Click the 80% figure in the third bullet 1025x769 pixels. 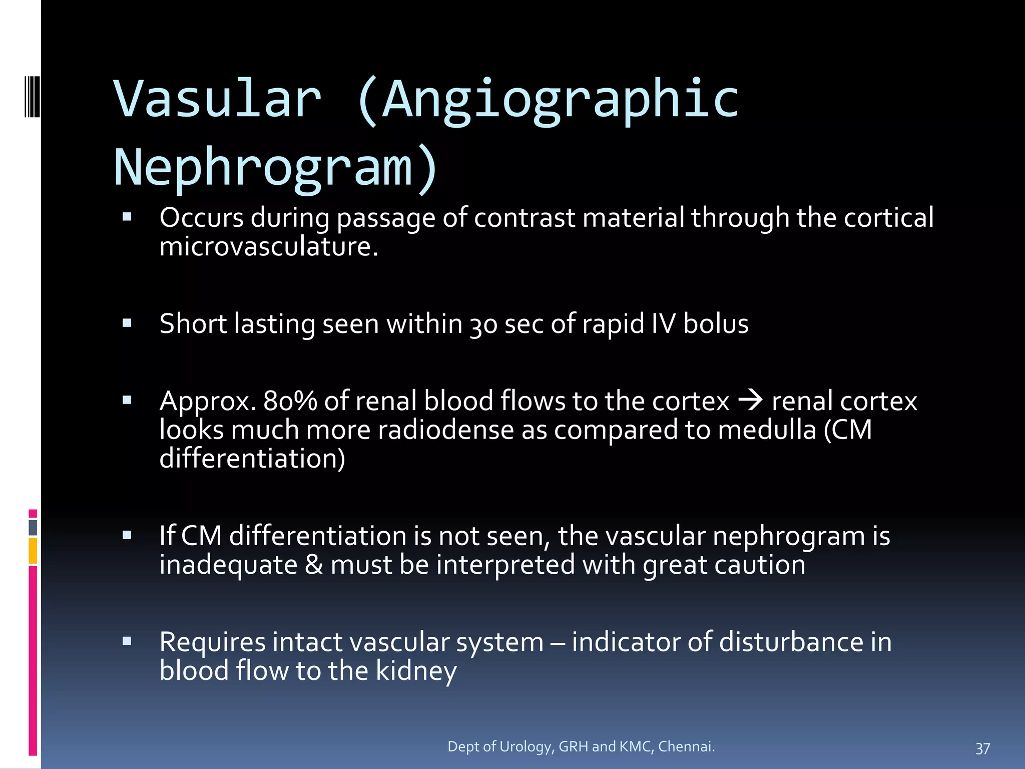[x=290, y=401]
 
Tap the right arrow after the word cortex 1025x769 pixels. [x=750, y=400]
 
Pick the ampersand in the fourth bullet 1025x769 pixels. [x=314, y=565]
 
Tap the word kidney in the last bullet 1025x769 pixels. [x=416, y=671]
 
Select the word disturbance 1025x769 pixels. [x=791, y=642]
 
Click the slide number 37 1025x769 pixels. [x=982, y=748]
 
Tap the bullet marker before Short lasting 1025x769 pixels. [x=127, y=323]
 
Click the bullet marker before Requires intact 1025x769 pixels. [x=127, y=641]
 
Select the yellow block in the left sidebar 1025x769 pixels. [x=33, y=551]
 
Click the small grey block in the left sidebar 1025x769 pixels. [x=33, y=528]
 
